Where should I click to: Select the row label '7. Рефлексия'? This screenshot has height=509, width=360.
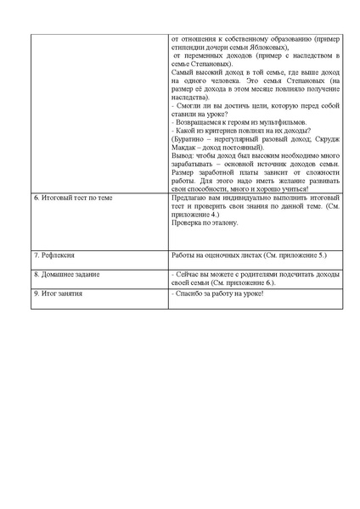(x=53, y=255)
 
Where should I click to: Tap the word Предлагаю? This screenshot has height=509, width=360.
(x=189, y=197)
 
